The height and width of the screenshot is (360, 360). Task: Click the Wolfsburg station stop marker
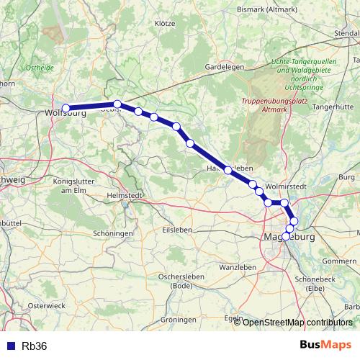(66, 109)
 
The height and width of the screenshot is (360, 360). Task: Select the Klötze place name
(165, 23)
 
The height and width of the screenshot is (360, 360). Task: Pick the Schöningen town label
(114, 234)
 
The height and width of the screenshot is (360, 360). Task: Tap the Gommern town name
(340, 260)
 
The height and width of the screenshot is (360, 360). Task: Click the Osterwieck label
(46, 305)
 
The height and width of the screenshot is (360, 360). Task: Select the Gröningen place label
(179, 318)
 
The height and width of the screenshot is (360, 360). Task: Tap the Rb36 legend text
(34, 346)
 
